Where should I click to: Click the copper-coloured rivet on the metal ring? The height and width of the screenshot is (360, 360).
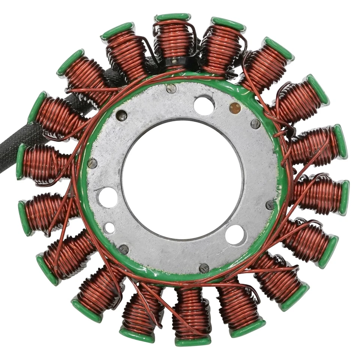click(x=235, y=108)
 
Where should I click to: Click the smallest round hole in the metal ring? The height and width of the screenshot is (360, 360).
click(x=109, y=227)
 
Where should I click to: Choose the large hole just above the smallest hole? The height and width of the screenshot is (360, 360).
click(x=108, y=197)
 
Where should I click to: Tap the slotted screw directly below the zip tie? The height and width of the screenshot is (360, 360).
click(x=171, y=88)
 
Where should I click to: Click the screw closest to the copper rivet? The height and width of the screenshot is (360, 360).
click(x=255, y=124)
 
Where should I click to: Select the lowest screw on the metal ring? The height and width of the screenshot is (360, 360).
click(x=204, y=268)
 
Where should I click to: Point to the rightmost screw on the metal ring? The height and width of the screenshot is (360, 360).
click(x=270, y=205)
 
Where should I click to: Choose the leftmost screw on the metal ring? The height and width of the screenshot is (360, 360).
click(x=92, y=163)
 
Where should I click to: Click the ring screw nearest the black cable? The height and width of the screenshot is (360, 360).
click(x=121, y=115)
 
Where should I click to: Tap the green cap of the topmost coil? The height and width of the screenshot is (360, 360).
click(x=173, y=17)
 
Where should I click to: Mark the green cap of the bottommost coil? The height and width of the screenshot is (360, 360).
click(x=193, y=341)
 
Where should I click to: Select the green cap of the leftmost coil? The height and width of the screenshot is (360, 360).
click(x=21, y=162)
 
